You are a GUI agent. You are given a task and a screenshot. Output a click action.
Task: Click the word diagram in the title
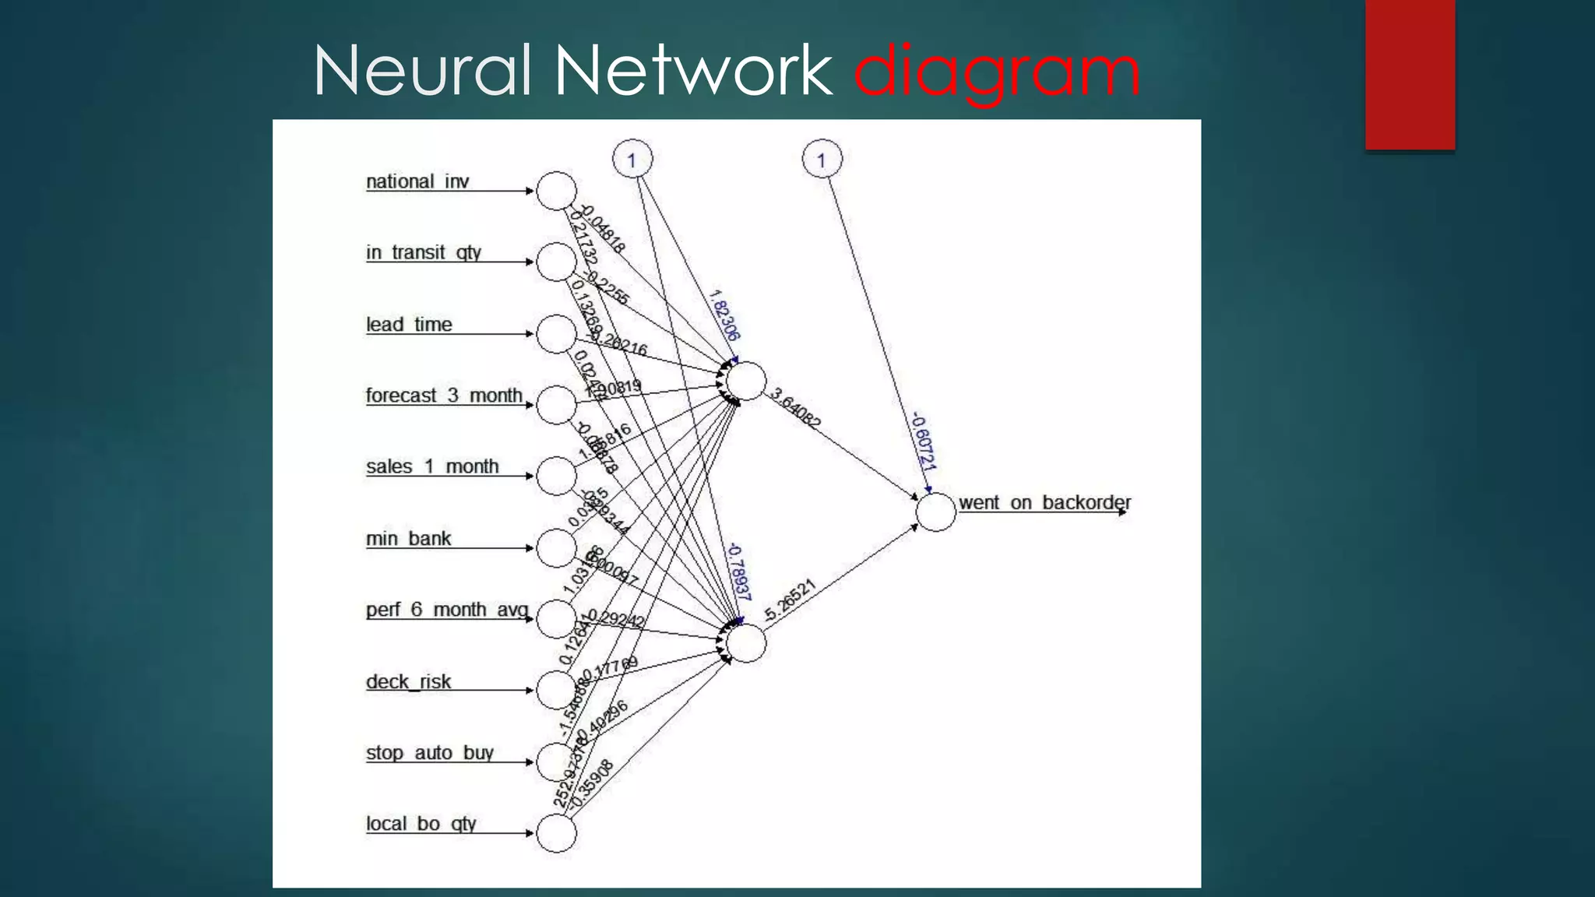(x=997, y=72)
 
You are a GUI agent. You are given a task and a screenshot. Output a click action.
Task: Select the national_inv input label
(x=417, y=181)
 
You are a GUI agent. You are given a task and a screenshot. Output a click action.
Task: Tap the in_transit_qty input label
(x=424, y=252)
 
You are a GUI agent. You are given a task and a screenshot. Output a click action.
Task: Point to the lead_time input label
(x=409, y=324)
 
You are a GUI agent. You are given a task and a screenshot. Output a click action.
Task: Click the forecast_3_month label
(x=444, y=396)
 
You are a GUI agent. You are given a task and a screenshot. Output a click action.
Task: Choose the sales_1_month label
(x=432, y=466)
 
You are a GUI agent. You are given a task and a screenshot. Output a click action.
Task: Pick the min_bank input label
(x=408, y=538)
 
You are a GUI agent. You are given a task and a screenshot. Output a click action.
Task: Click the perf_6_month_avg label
(x=447, y=610)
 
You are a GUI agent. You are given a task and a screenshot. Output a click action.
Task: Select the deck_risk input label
(x=408, y=681)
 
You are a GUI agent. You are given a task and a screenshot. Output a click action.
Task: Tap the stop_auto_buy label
(x=430, y=753)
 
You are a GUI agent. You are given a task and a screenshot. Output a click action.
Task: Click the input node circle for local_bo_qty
(x=556, y=833)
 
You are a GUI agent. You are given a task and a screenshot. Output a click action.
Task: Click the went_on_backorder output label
(x=1044, y=502)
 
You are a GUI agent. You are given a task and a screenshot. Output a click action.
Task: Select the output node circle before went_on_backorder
(x=935, y=512)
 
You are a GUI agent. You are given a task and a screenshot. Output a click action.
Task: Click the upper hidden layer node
(x=746, y=382)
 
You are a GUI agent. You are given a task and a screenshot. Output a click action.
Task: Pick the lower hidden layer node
(x=746, y=643)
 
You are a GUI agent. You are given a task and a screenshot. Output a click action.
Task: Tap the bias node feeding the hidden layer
(x=632, y=160)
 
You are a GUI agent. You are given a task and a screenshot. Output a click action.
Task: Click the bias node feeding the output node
(x=822, y=160)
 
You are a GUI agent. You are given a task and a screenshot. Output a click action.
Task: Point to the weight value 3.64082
(x=795, y=408)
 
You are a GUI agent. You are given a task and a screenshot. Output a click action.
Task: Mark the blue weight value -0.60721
(x=923, y=441)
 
